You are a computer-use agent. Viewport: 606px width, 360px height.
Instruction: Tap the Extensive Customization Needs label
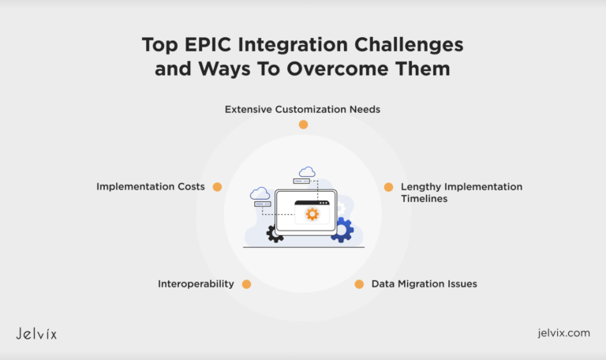point(302,109)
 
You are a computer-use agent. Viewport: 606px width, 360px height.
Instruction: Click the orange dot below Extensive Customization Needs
point(303,125)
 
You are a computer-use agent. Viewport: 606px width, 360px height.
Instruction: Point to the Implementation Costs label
point(151,187)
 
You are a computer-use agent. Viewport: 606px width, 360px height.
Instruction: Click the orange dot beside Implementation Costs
point(217,187)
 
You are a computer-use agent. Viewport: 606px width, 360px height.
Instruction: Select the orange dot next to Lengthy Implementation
point(388,187)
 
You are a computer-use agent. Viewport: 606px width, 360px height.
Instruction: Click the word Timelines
point(424,199)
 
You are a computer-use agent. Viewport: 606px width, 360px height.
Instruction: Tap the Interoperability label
point(196,283)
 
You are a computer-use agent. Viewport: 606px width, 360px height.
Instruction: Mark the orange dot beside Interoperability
point(246,283)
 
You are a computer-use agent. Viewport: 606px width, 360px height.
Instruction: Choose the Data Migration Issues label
point(424,283)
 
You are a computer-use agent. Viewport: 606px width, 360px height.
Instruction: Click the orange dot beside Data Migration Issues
point(359,283)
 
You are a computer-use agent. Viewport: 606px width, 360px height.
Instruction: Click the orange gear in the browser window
point(312,213)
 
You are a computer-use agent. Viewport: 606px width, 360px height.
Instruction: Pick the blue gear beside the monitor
point(342,230)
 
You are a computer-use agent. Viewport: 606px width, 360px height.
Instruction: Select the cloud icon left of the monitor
point(260,193)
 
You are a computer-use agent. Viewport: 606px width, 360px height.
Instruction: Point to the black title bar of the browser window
point(312,203)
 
